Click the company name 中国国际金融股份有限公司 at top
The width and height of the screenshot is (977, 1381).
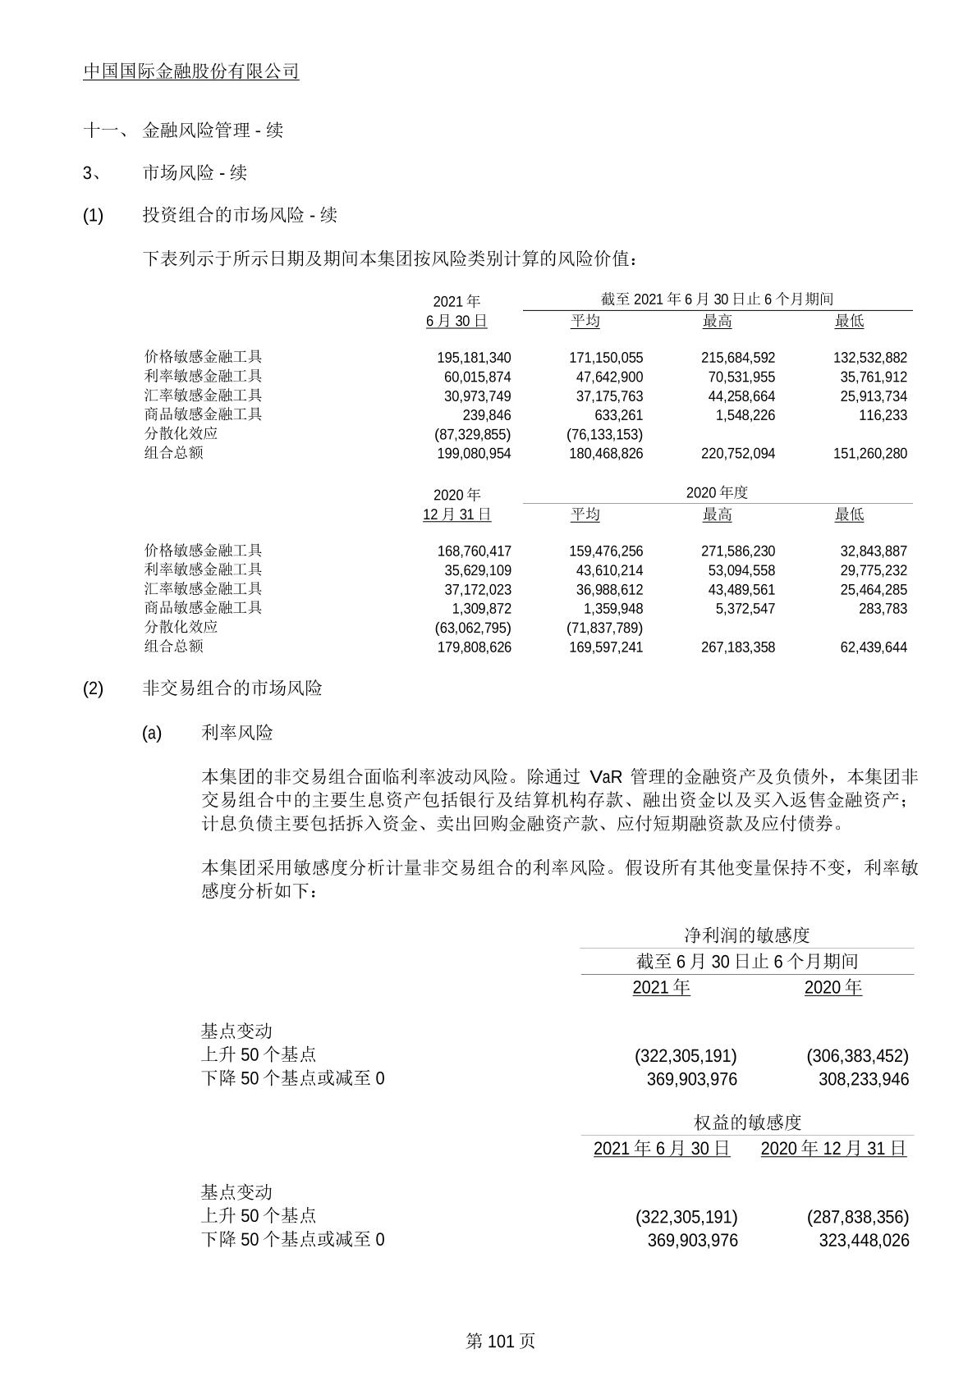(191, 71)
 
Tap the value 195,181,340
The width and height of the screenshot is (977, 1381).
(474, 358)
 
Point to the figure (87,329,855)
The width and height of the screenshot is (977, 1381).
(472, 434)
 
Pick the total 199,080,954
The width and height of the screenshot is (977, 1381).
(474, 454)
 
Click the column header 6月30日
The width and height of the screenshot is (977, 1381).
(456, 321)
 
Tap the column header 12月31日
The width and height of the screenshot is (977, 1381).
(456, 514)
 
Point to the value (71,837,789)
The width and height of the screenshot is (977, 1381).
(604, 628)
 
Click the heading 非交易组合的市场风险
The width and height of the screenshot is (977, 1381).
(232, 688)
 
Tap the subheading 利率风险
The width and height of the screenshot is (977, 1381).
(237, 733)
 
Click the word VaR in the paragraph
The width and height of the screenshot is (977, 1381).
(606, 777)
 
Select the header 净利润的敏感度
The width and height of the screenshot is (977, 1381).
(747, 935)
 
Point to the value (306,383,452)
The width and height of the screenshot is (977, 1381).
(857, 1055)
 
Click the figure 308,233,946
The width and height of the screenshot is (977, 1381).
(864, 1079)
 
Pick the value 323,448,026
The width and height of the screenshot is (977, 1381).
(864, 1240)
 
